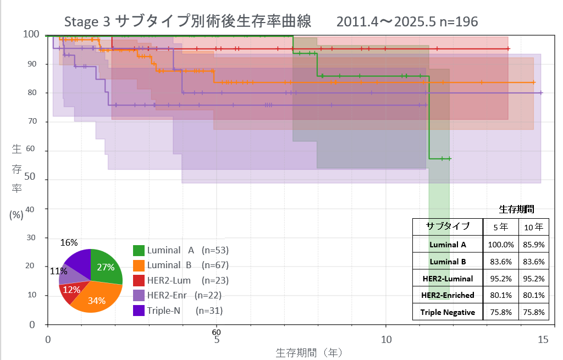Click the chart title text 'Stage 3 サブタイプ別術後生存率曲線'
[187, 21]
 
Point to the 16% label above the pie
[69, 242]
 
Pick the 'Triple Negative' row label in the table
[448, 312]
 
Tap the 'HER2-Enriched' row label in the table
[448, 295]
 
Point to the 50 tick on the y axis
[30, 179]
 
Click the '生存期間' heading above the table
[516, 209]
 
